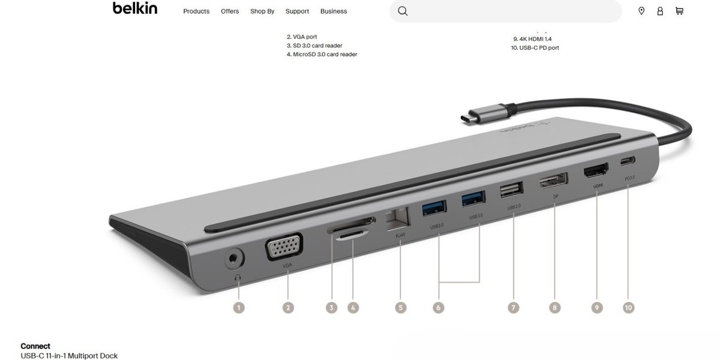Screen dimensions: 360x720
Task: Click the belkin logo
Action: [x=135, y=8]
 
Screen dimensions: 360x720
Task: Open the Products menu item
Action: [x=196, y=11]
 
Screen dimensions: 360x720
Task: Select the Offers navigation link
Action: [x=230, y=11]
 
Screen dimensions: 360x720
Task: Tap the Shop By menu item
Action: [x=262, y=11]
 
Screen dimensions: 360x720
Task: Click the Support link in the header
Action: [x=297, y=11]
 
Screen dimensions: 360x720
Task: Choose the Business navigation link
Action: [x=334, y=11]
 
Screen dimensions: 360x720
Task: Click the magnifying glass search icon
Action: [x=403, y=11]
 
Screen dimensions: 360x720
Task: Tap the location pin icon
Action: [x=641, y=11]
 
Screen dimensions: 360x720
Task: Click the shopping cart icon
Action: [x=679, y=11]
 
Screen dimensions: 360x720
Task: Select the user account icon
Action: [x=660, y=11]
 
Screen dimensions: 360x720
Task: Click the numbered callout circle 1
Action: [x=239, y=307]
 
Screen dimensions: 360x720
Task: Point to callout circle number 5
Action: [x=401, y=307]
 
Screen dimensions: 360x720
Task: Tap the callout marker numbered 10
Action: [x=628, y=307]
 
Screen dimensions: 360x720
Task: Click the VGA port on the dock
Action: [x=284, y=248]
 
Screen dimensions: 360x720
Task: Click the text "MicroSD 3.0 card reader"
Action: [x=325, y=55]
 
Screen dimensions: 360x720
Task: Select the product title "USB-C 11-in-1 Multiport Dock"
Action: [x=69, y=356]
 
